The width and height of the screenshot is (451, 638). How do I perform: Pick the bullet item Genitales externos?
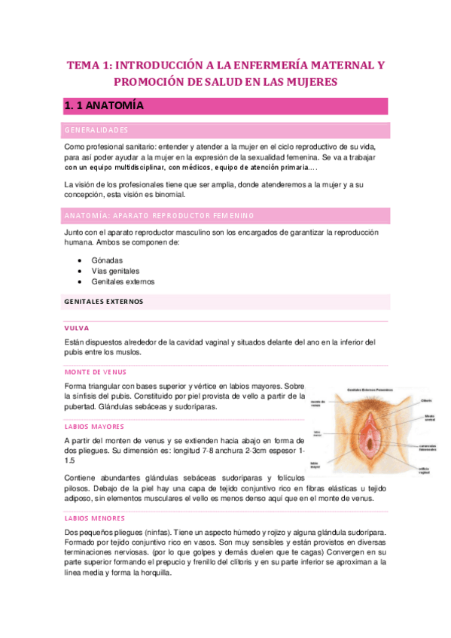click(x=123, y=281)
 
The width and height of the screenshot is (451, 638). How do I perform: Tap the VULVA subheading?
click(x=78, y=328)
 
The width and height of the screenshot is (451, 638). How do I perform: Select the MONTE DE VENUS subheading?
click(x=96, y=372)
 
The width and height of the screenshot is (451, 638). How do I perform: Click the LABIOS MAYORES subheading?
click(x=95, y=427)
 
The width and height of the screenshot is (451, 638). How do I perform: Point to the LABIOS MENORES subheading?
click(x=95, y=518)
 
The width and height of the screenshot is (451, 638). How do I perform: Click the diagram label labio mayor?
click(x=315, y=464)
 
